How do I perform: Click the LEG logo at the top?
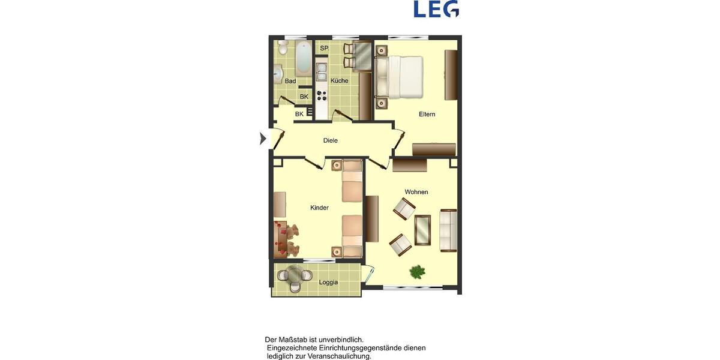tap(436, 8)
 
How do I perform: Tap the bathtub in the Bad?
tap(302, 58)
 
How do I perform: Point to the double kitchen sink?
tap(321, 72)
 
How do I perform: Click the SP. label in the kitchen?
tap(324, 48)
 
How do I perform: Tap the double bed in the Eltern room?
tap(399, 76)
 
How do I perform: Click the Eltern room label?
tap(427, 114)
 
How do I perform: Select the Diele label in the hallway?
tap(330, 140)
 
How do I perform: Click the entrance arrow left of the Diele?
tap(262, 139)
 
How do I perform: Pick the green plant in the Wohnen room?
tap(418, 272)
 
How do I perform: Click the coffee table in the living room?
tap(422, 230)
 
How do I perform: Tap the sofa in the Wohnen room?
tap(448, 230)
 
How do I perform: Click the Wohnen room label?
tap(416, 192)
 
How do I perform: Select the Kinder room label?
tap(319, 208)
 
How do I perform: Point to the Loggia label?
tap(328, 282)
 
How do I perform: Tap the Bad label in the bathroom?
tap(290, 81)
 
